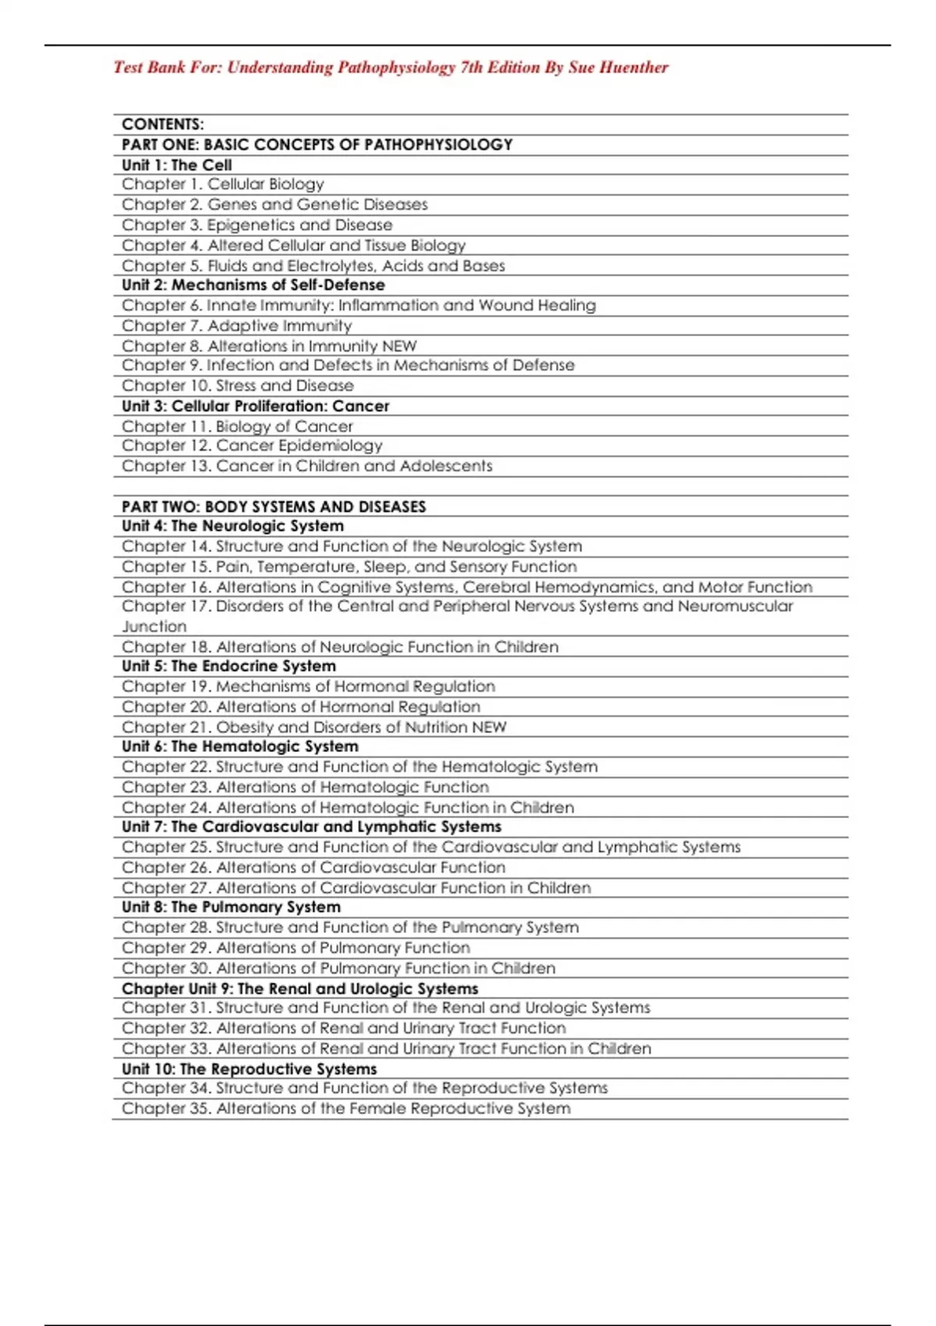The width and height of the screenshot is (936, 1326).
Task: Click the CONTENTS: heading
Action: [x=162, y=125]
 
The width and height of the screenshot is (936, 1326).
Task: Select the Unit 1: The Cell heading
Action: [x=176, y=165]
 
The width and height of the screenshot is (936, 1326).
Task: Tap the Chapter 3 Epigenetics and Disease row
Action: [x=257, y=225]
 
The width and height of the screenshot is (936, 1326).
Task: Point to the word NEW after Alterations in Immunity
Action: [x=399, y=346]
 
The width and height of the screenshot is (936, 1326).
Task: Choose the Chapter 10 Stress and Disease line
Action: [x=237, y=386]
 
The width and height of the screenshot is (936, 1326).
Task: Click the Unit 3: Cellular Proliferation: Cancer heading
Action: [x=255, y=406]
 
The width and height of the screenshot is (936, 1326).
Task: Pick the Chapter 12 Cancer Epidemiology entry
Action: [x=252, y=446]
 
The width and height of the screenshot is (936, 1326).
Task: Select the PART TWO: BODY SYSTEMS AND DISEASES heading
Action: [x=274, y=507]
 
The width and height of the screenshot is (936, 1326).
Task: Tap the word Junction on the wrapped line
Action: [x=154, y=627]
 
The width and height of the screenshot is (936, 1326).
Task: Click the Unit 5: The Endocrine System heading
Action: [x=229, y=667]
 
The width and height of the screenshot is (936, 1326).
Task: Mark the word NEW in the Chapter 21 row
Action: [x=489, y=728]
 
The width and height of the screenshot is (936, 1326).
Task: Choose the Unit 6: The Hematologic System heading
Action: [x=239, y=747]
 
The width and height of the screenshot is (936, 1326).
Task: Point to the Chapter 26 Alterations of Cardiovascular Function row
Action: [x=314, y=868]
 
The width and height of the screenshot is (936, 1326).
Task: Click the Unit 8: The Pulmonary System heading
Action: [x=231, y=908]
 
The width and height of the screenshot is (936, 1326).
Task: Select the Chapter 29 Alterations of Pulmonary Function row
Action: [x=296, y=948]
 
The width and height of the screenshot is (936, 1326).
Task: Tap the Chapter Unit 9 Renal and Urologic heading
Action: [x=300, y=989]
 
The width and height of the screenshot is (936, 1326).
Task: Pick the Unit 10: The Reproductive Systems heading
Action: [x=249, y=1069]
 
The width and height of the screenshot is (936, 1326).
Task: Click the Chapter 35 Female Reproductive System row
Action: [x=346, y=1109]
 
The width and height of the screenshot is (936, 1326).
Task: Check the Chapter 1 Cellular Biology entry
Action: [x=222, y=185]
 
